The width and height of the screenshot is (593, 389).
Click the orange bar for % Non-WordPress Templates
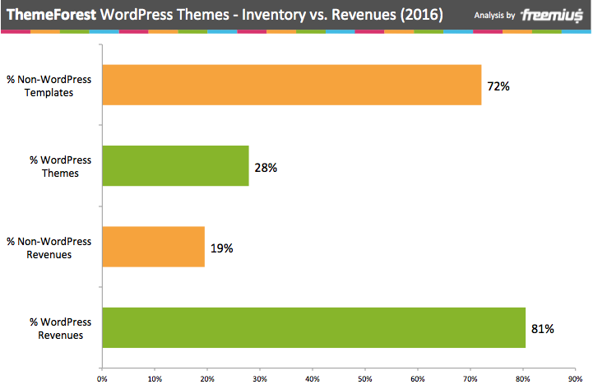[291, 85]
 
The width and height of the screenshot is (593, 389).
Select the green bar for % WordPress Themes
[174, 166]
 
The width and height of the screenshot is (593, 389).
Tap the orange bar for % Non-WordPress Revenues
[152, 248]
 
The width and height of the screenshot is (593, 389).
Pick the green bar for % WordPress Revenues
[313, 328]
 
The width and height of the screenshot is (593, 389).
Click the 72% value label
[498, 86]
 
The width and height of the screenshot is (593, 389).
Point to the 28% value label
[266, 167]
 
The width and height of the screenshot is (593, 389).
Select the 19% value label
[222, 248]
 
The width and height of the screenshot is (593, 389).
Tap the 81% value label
[543, 329]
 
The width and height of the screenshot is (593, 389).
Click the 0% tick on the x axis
[102, 379]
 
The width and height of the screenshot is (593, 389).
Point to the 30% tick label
[260, 379]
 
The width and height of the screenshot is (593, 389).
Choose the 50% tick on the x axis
[365, 379]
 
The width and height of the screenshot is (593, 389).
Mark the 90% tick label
[575, 379]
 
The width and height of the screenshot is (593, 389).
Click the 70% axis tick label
[470, 379]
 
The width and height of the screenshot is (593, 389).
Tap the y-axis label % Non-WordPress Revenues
[49, 248]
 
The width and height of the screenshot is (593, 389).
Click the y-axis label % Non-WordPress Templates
[49, 86]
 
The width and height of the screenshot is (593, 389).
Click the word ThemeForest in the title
[49, 15]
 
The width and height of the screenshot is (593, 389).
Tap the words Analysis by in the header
[495, 15]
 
